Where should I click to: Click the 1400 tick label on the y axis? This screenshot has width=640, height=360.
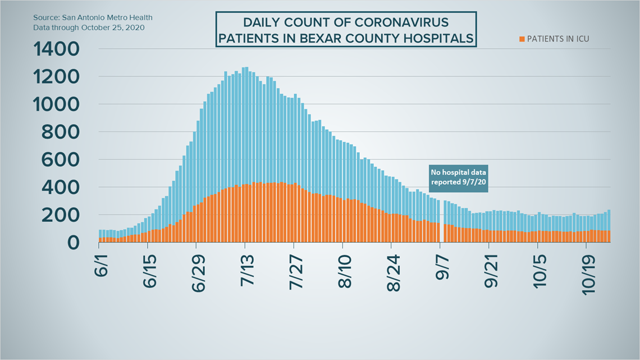(56, 49)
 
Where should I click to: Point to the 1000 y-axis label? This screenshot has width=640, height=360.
(56, 104)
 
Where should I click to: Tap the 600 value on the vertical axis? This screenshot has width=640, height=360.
(61, 160)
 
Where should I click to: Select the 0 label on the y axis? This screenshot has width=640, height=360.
(73, 243)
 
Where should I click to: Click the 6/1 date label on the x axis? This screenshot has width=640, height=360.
(101, 266)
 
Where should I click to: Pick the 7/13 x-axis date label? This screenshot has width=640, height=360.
(248, 271)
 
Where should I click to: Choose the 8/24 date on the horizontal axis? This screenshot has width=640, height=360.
(394, 273)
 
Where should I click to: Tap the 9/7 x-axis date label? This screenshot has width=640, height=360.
(442, 267)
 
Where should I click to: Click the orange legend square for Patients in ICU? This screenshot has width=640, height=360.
(522, 39)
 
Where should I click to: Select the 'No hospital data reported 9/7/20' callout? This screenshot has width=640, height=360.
(458, 178)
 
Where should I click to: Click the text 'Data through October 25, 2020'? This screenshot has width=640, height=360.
(89, 28)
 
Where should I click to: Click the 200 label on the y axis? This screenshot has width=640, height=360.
(61, 215)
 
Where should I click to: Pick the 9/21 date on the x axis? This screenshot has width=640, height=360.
(491, 271)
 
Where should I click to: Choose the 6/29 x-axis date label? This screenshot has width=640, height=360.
(199, 273)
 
